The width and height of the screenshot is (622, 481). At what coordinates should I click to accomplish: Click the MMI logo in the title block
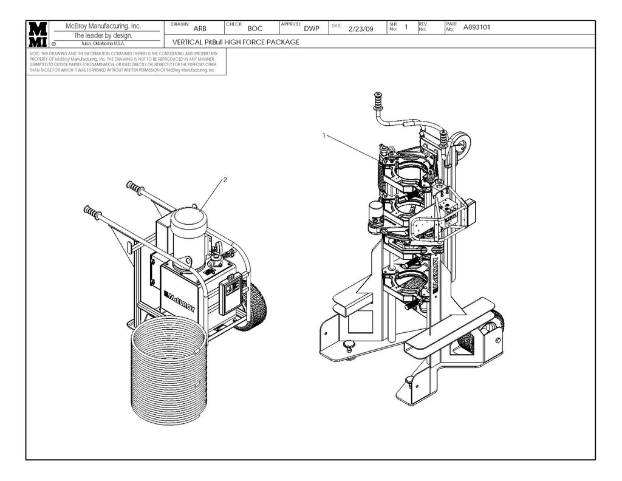pos(38,35)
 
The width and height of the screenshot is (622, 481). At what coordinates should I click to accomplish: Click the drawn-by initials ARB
pos(199,29)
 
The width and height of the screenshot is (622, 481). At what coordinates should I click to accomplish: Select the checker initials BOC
pos(255,29)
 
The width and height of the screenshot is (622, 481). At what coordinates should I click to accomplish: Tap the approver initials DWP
pos(312,29)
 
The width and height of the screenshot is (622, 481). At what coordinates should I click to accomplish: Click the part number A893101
pos(477,27)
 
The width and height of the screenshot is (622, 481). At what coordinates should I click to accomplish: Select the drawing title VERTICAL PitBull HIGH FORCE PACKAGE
pos(236,43)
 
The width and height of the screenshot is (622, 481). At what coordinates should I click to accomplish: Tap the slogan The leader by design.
pos(103,35)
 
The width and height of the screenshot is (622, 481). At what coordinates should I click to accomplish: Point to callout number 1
pos(324,135)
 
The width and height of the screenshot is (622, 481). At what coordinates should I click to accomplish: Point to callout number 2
pos(225,180)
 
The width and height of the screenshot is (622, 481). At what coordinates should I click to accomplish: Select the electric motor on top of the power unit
pos(189,234)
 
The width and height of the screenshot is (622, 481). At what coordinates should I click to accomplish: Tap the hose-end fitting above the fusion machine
pos(378,103)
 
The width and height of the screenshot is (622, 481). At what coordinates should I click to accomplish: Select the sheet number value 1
pos(406,27)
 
